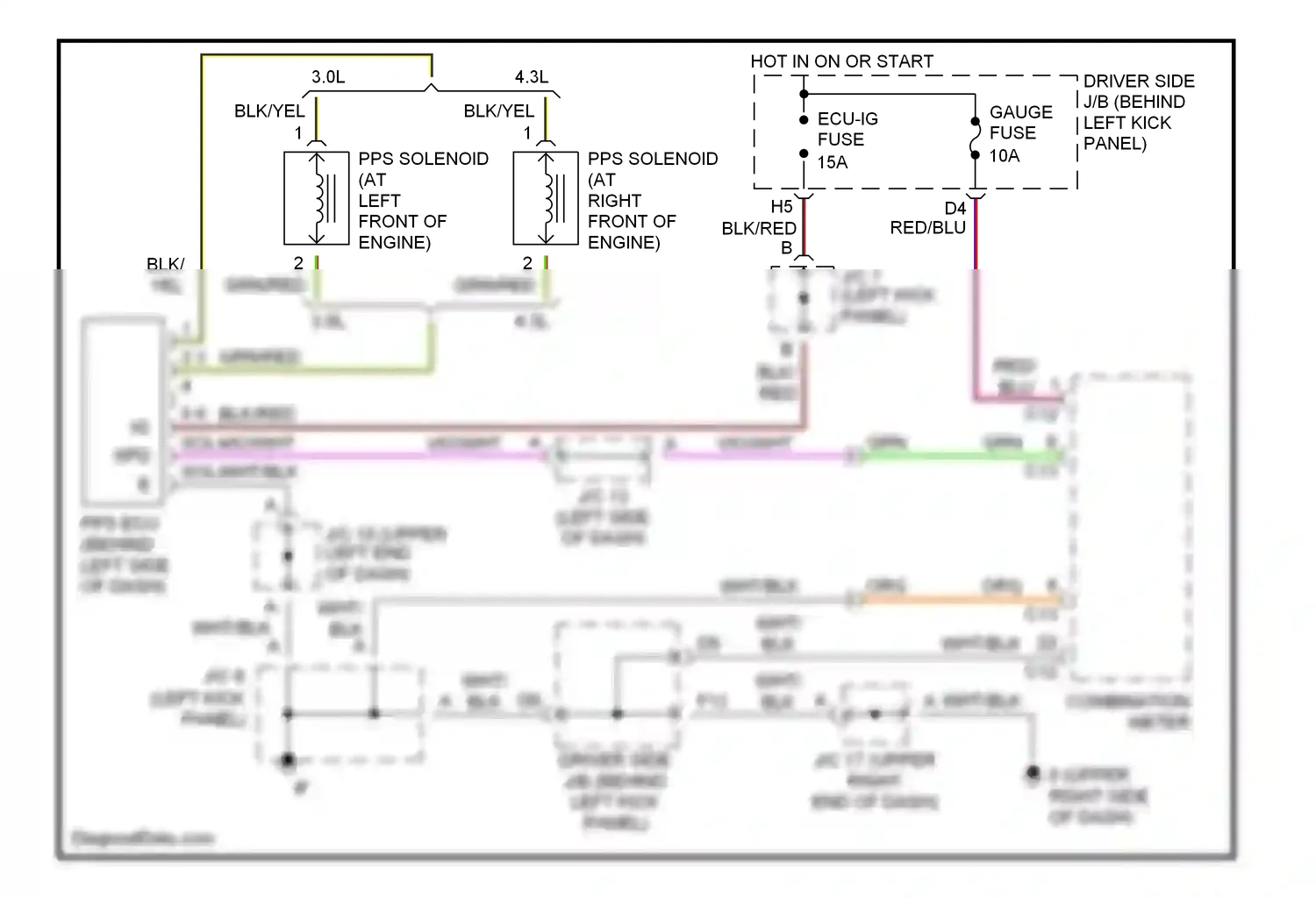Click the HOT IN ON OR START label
click(841, 61)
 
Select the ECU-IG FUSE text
click(847, 129)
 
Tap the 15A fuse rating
click(833, 162)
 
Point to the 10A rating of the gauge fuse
click(1005, 156)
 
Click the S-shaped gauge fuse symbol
click(975, 139)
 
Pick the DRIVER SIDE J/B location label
click(1138, 112)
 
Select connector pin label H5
click(781, 207)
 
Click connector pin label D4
click(955, 209)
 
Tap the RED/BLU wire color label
click(927, 228)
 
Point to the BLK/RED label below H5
click(759, 229)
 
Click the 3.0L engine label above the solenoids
click(328, 77)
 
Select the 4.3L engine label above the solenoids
click(532, 77)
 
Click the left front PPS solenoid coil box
click(317, 199)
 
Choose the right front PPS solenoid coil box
click(546, 199)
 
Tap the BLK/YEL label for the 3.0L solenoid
click(269, 111)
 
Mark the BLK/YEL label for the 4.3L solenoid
click(498, 111)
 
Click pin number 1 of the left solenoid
click(298, 133)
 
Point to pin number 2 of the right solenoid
click(527, 263)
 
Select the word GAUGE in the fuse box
click(1020, 112)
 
